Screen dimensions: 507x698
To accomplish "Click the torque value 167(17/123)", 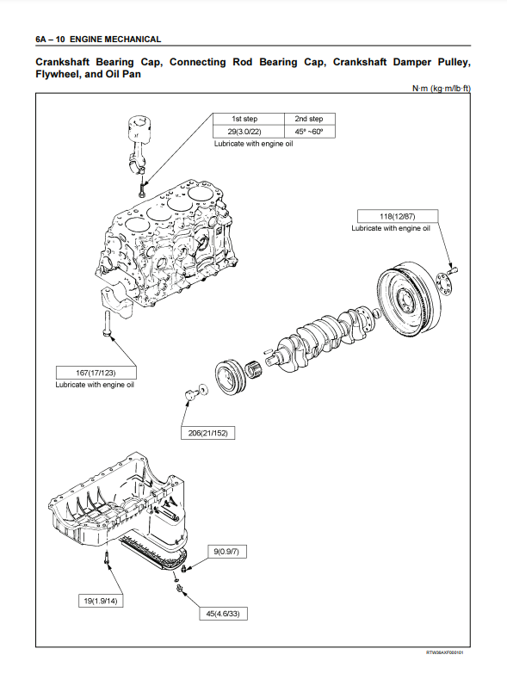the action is point(96,373).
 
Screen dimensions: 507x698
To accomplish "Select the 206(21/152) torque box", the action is point(207,433).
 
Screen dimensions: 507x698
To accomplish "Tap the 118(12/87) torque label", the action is point(398,216).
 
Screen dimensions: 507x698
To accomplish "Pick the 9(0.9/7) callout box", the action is point(226,552).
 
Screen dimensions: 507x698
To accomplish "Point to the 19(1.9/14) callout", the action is point(101,601).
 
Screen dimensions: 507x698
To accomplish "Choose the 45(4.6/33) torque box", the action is point(223,614).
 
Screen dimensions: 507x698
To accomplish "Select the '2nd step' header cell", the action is point(309,119).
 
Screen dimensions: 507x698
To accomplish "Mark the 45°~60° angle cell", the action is point(309,132).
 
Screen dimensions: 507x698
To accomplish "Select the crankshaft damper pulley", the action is point(231,377).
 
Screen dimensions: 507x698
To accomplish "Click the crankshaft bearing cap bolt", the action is point(107,324).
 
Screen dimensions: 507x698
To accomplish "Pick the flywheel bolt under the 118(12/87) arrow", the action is point(453,269).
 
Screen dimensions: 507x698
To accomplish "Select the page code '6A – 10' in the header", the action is point(50,40).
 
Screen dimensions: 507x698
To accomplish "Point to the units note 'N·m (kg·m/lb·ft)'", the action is point(441,88).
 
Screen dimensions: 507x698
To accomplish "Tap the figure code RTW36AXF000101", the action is point(444,652).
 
